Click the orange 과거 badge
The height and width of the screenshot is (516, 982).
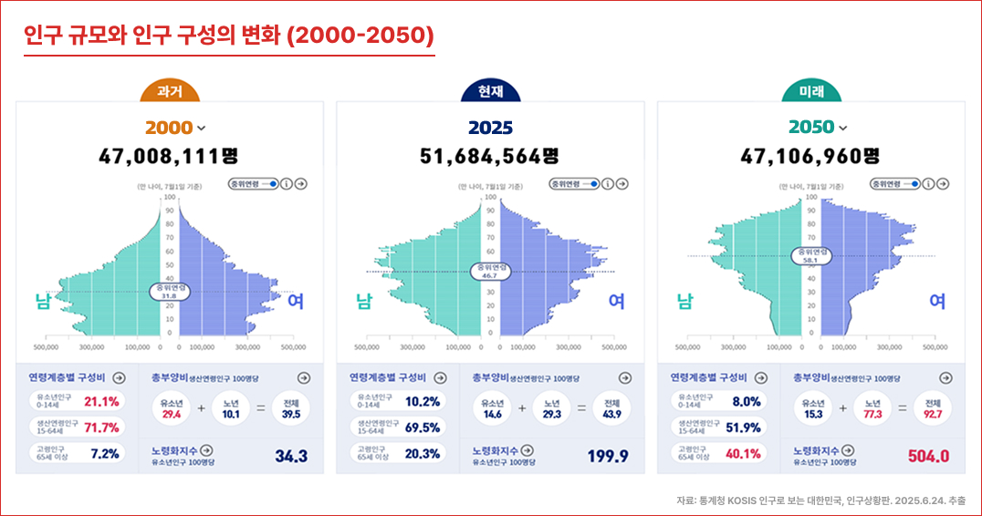pos(170,92)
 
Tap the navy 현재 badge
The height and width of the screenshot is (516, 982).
pos(490,92)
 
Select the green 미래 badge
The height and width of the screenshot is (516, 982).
pos(811,92)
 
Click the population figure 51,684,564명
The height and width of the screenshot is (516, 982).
pos(490,156)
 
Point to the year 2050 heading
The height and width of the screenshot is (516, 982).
pos(811,128)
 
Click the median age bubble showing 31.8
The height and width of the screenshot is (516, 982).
pos(169,292)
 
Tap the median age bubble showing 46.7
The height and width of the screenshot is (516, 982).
pos(490,272)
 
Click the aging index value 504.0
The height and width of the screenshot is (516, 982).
pos(928,457)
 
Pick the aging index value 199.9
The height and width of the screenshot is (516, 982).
pos(608,457)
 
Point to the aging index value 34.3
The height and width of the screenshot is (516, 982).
pos(291,457)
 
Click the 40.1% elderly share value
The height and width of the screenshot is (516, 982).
pos(743,454)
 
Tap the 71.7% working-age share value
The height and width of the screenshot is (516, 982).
pos(101,428)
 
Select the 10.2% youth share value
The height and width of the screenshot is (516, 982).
pos(423,401)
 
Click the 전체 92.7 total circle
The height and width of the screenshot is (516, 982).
pos(933,408)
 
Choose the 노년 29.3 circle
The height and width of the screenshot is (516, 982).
pos(553,408)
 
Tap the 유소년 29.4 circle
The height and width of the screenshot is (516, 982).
pos(171,408)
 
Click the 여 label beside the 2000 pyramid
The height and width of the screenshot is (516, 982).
pos(296,301)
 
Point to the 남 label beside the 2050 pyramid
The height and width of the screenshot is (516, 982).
pos(684,301)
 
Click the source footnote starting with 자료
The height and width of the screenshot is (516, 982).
pos(820,501)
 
